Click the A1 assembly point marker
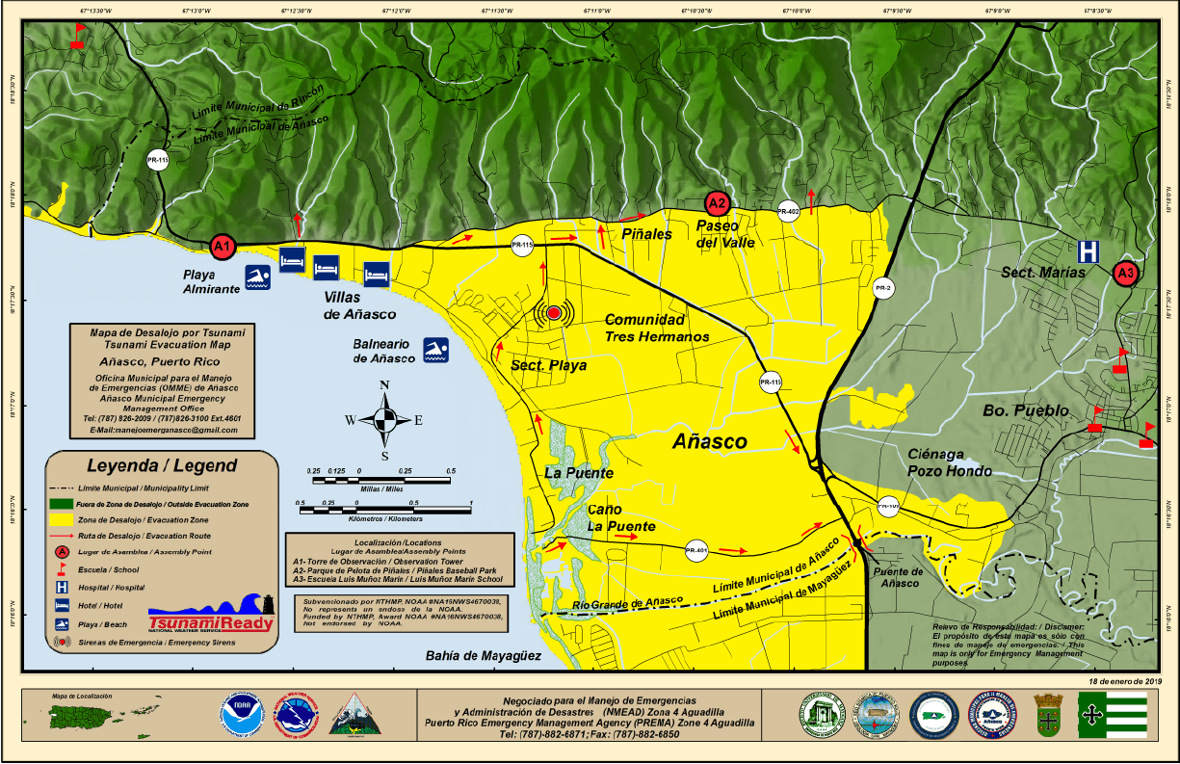point(223,246)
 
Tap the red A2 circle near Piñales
point(717,202)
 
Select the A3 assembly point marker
point(1125,274)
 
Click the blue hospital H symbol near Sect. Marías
point(1088,251)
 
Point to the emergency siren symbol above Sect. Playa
point(553,313)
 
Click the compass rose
point(384,419)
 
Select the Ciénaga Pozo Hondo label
point(950,462)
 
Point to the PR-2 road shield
point(882,287)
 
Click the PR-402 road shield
point(789,211)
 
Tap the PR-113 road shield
point(157,160)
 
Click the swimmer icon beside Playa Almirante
point(256,278)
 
